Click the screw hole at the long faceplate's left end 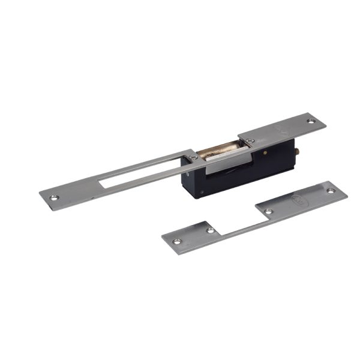(x=53, y=196)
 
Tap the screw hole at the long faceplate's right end (x=311, y=121)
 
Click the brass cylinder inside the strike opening (x=218, y=152)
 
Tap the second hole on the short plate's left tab (x=210, y=230)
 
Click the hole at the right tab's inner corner (x=269, y=211)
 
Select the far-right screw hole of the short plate (x=331, y=191)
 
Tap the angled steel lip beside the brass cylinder (x=228, y=160)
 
